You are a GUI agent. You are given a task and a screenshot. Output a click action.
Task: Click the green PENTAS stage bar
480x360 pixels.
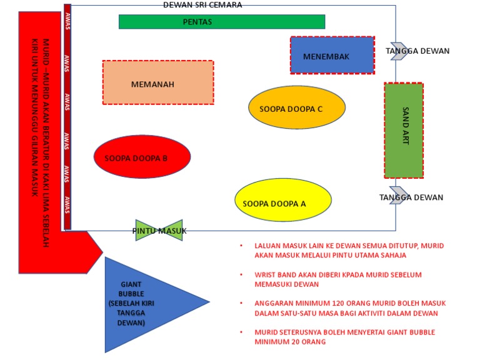click(222, 22)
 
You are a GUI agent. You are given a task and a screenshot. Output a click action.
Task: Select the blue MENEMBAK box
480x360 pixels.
click(332, 56)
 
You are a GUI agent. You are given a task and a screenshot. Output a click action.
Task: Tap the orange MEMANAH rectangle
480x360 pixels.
click(157, 82)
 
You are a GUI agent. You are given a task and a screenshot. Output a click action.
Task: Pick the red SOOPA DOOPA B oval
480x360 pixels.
click(142, 157)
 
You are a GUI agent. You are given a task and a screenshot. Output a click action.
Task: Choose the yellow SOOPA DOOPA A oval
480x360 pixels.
click(282, 200)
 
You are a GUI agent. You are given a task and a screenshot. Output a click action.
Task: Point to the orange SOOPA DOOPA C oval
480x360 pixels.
click(296, 108)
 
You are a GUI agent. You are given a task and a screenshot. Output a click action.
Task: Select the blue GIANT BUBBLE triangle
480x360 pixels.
click(147, 304)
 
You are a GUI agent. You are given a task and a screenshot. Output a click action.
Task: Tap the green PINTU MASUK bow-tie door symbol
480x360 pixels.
click(159, 230)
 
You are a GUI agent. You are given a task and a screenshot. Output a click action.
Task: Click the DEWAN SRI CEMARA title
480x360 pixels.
click(202, 5)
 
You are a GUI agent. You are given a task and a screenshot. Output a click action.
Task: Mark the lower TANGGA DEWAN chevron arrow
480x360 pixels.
click(397, 196)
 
